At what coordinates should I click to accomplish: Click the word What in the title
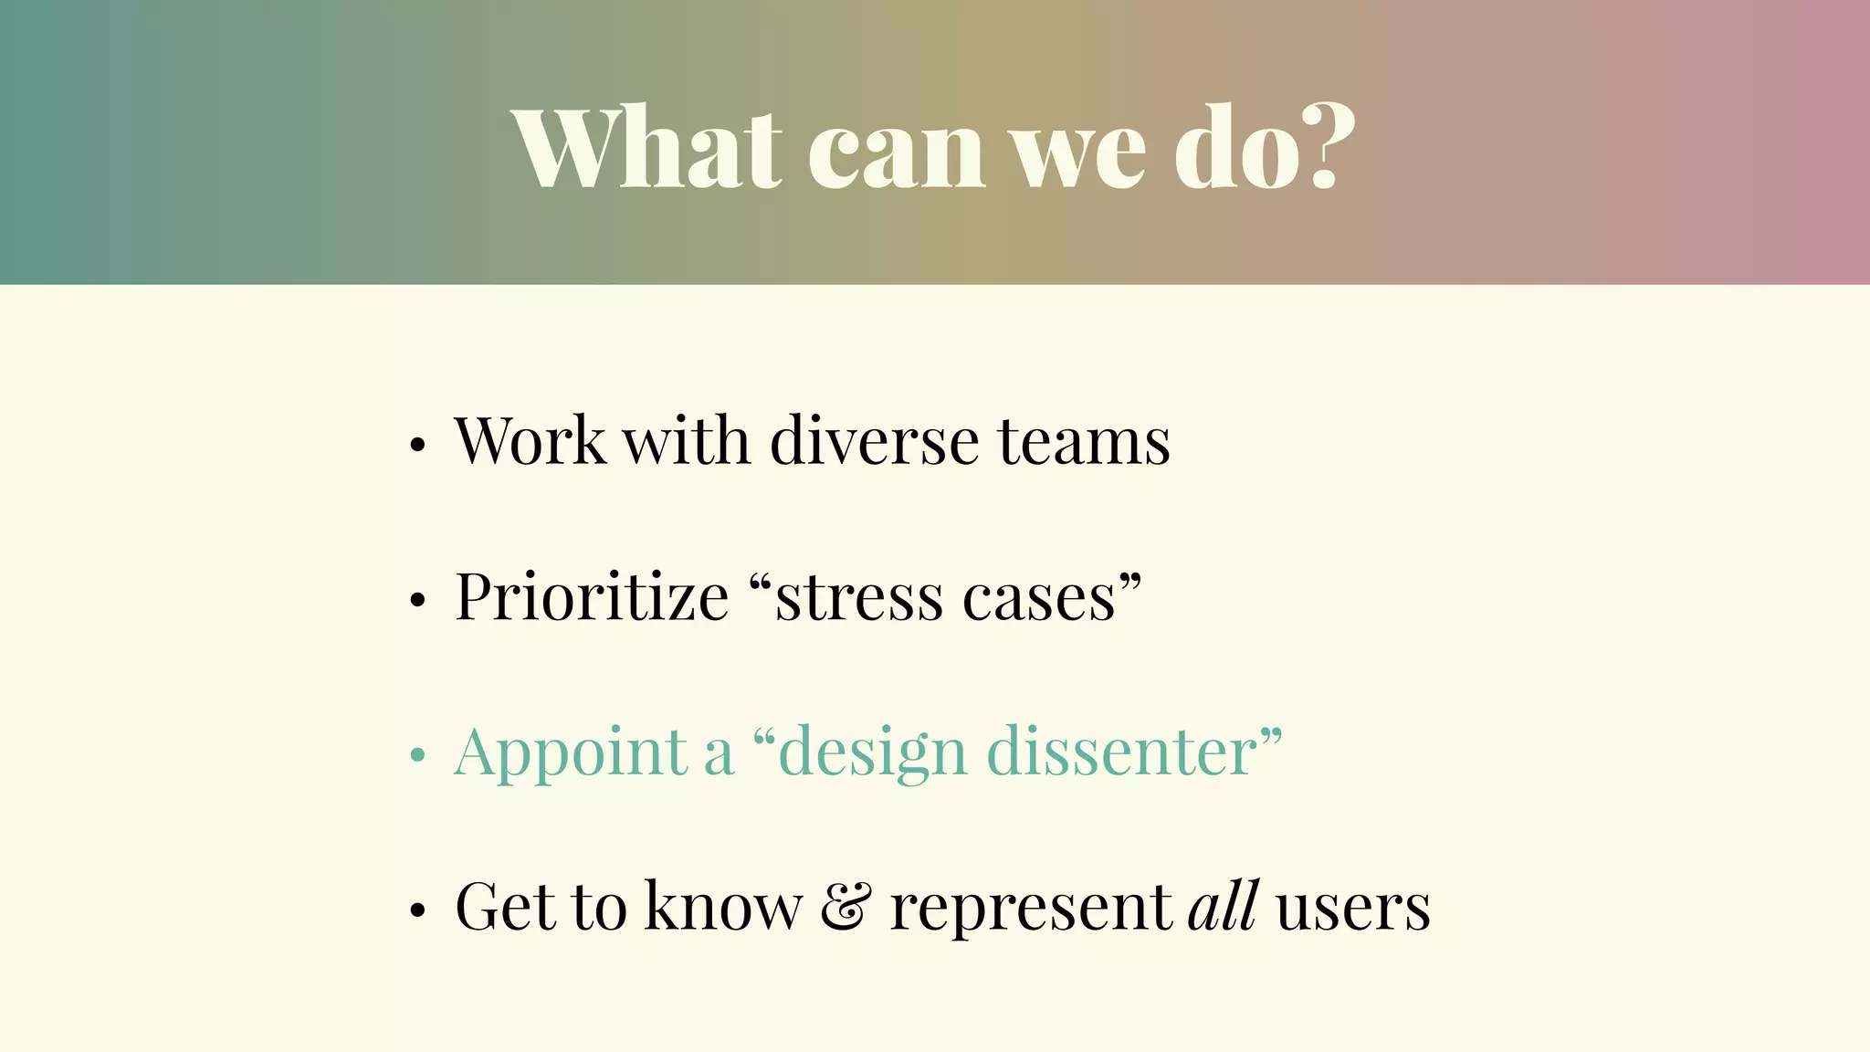646,148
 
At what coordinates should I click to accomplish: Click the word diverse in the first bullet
874,441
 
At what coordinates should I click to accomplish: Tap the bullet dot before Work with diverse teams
417,446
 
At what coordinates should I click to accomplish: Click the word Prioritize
592,596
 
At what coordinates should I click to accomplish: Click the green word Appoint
571,754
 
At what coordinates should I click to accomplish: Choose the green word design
872,754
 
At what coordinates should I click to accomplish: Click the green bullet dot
417,756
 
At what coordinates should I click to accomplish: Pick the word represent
1030,910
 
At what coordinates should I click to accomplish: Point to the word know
723,906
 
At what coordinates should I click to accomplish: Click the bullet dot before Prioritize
417,601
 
